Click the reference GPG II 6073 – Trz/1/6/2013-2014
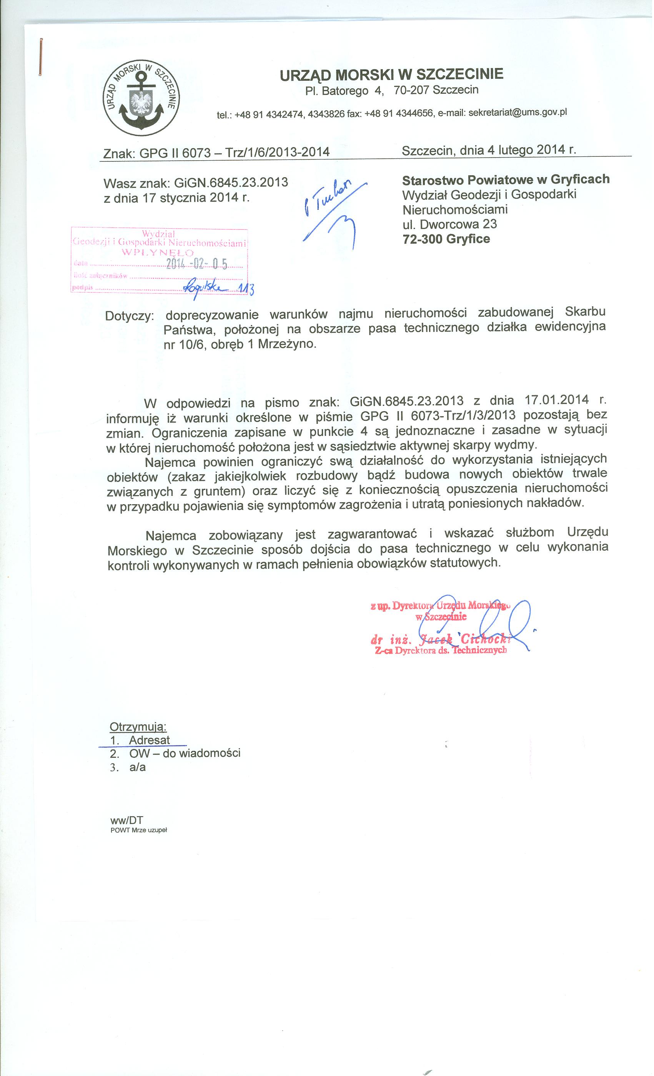point(234,152)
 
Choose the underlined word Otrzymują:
point(138,727)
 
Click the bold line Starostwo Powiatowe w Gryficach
point(506,179)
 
